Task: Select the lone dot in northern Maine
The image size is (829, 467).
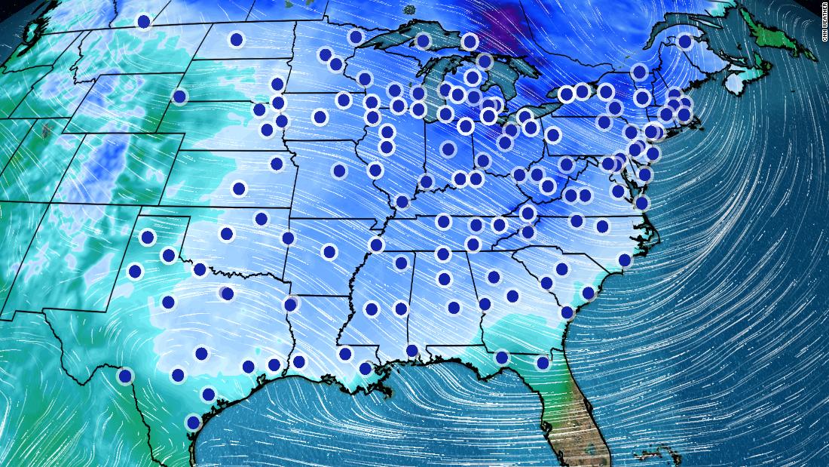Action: pyautogui.click(x=685, y=41)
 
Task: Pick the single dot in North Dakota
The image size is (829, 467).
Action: pyautogui.click(x=237, y=39)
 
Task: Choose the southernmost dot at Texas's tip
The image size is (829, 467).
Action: pyautogui.click(x=193, y=422)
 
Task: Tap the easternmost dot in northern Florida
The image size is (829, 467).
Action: pyautogui.click(x=543, y=363)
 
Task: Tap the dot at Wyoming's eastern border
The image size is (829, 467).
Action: pyautogui.click(x=179, y=96)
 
